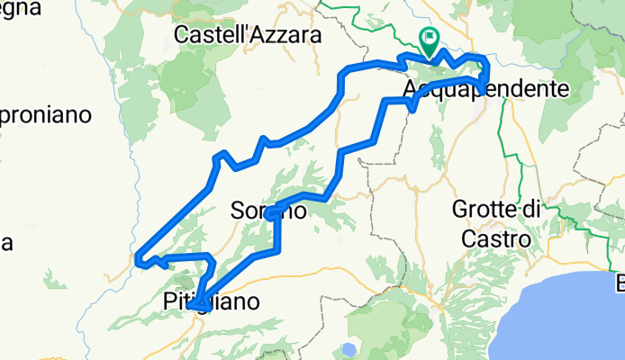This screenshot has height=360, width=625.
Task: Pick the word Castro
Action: click(x=495, y=238)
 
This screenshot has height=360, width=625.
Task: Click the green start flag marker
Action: click(x=429, y=40)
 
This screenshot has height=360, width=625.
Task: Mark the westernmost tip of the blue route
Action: click(x=136, y=260)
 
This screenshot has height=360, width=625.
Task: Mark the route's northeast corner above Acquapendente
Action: click(x=486, y=59)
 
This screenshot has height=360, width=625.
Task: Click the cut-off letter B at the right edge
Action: click(x=620, y=287)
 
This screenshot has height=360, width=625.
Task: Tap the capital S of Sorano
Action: click(x=239, y=212)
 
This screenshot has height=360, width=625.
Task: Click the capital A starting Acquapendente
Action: click(x=412, y=89)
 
